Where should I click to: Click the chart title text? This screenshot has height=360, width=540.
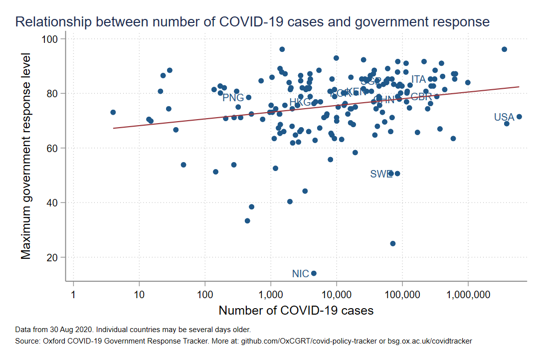point(252,22)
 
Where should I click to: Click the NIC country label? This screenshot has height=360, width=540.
point(301,274)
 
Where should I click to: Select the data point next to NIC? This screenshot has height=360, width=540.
point(314,273)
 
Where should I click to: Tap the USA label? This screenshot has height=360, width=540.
point(504,118)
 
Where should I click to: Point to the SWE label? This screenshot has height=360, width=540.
point(381,174)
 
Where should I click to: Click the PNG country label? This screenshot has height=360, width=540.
point(233,98)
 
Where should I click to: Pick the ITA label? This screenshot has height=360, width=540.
point(419,79)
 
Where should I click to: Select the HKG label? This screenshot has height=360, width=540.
point(300,103)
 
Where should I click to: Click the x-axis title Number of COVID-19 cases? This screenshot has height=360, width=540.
point(296,310)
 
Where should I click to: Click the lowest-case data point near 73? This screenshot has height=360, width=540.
point(113,112)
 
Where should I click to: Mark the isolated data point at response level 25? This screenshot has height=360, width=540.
point(392,243)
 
